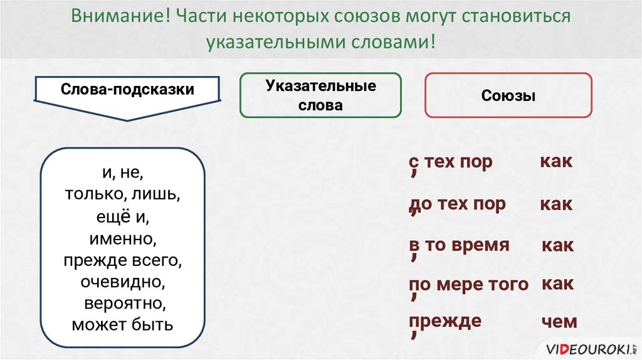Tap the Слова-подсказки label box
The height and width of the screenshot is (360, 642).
pyautogui.click(x=127, y=90)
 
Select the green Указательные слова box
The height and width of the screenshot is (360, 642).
pyautogui.click(x=320, y=95)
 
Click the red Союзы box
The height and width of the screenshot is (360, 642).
pyautogui.click(x=508, y=96)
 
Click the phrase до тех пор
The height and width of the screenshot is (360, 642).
pyautogui.click(x=457, y=204)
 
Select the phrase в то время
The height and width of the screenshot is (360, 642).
pyautogui.click(x=458, y=245)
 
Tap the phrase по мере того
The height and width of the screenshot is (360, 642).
pyautogui.click(x=469, y=285)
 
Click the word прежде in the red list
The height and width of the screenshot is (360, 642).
pyautogui.click(x=445, y=321)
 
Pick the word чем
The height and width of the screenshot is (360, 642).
pyautogui.click(x=559, y=322)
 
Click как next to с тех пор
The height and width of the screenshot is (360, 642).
pyautogui.click(x=556, y=162)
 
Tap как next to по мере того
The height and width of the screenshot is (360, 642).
pyautogui.click(x=557, y=284)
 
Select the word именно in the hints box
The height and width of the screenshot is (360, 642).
pyautogui.click(x=123, y=238)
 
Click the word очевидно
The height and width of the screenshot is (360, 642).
pyautogui.click(x=122, y=282)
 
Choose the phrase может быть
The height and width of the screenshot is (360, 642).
pyautogui.click(x=123, y=325)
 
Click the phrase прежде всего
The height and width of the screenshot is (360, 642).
pyautogui.click(x=123, y=260)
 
